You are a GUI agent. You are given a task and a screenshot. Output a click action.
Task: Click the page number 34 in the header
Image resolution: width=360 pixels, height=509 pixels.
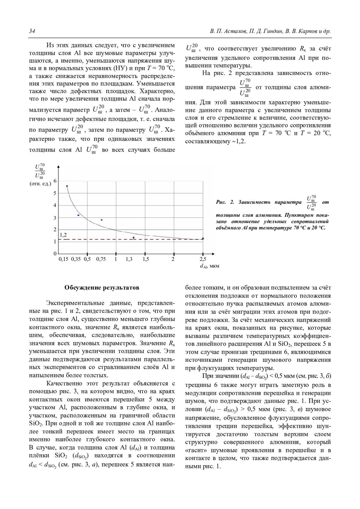coord(32,31)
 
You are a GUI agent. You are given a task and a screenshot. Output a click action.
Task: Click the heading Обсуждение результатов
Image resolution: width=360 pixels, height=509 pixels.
coord(102,288)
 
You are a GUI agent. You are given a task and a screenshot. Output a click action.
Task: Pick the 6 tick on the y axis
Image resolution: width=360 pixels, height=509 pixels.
coord(55,181)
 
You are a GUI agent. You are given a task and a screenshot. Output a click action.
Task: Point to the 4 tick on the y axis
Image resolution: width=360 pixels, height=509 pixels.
coord(55,206)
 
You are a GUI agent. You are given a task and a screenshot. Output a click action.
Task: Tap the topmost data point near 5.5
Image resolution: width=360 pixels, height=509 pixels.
coord(67,186)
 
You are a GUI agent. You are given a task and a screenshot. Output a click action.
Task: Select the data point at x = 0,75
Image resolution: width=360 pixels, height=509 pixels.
coord(102,220)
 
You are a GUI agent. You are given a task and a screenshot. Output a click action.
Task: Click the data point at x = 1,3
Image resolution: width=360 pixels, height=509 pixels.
coord(133,238)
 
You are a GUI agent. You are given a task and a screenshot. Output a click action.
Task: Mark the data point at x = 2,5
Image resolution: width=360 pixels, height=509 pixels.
coord(203,239)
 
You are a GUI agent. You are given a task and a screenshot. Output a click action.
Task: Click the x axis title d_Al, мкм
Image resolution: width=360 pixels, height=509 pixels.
coord(209,266)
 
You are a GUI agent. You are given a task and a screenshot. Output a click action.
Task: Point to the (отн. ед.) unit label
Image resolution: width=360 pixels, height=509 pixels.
coord(40,184)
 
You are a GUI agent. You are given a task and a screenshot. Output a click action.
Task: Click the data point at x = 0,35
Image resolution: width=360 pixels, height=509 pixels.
coord(78,215)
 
